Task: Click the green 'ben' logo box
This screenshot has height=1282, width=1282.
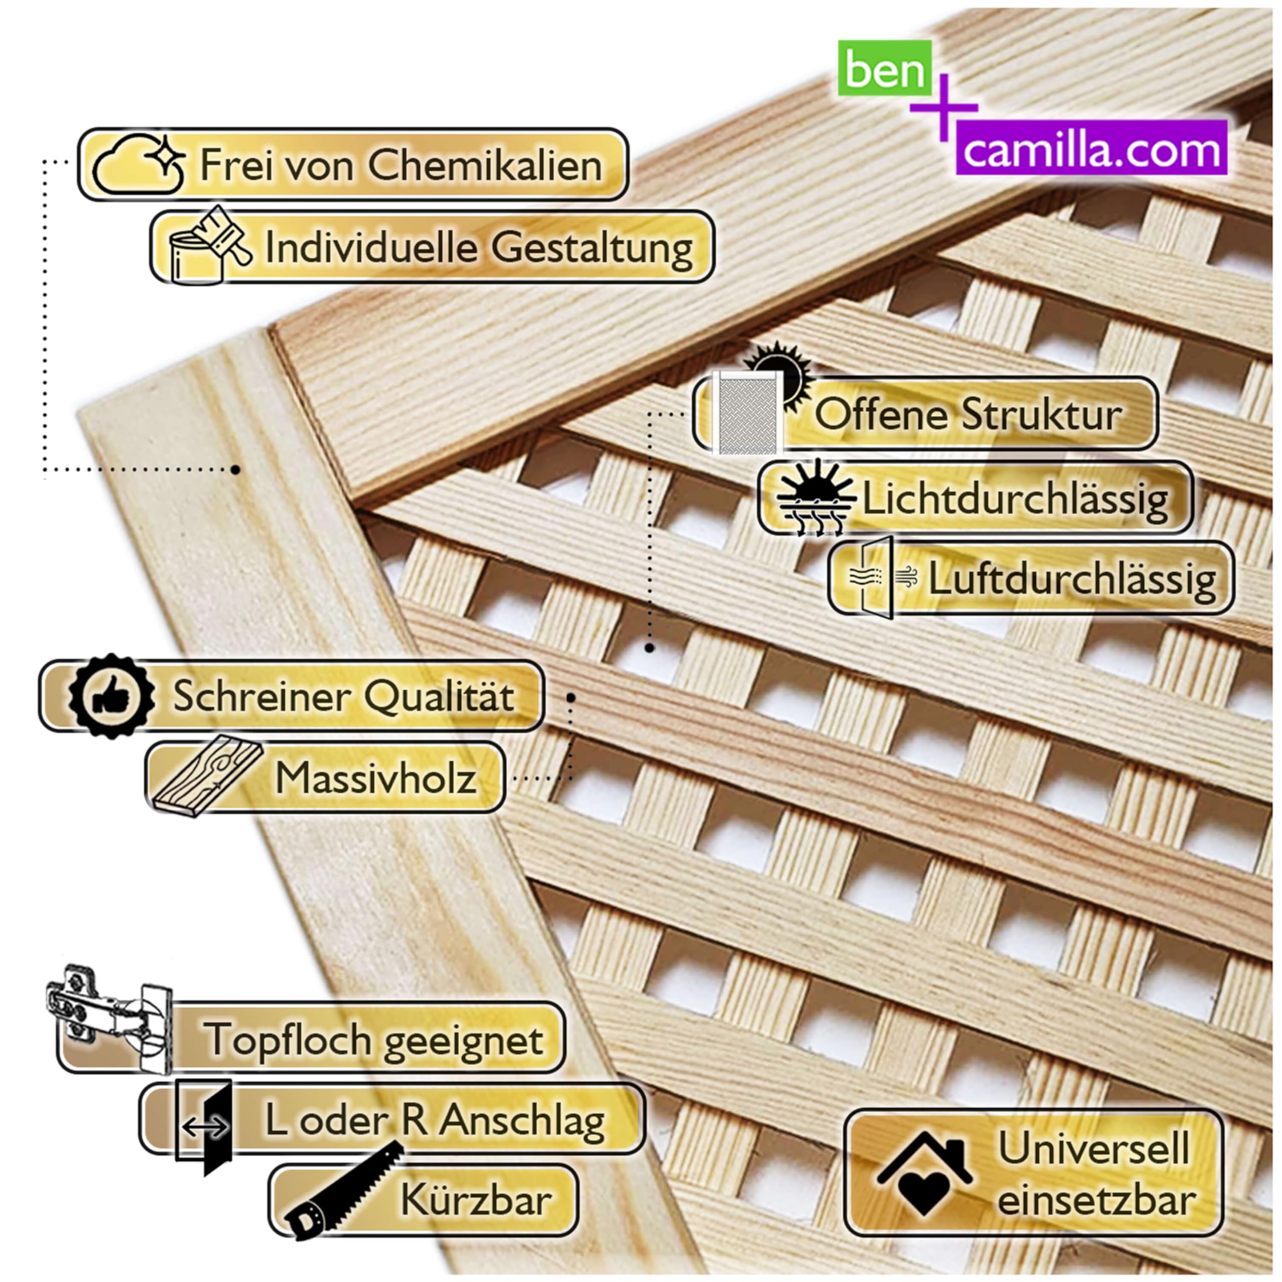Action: click(x=884, y=68)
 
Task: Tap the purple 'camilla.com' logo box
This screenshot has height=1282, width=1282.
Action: click(x=1092, y=147)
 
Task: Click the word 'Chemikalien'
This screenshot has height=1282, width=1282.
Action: click(x=485, y=165)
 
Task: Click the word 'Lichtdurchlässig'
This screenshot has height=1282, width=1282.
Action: click(x=1015, y=498)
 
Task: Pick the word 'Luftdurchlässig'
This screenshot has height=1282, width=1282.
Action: click(x=1072, y=578)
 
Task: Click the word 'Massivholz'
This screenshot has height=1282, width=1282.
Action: click(x=376, y=778)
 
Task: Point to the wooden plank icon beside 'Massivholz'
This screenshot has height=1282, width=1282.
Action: click(x=207, y=776)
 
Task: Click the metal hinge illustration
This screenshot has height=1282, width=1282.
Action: click(x=110, y=1019)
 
